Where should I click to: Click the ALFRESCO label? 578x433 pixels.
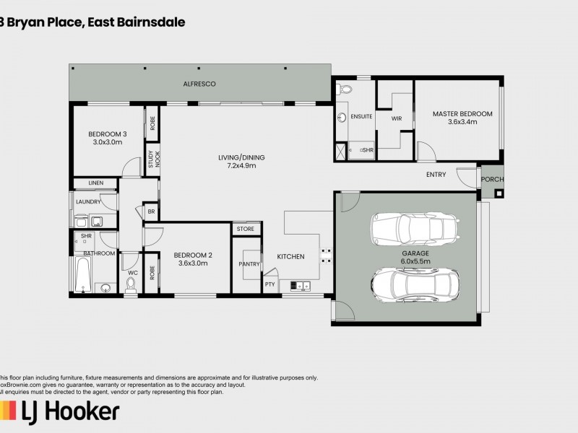click(199, 84)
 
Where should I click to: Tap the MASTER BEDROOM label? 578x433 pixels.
click(462, 113)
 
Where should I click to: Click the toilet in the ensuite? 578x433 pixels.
click(345, 90)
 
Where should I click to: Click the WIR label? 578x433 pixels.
click(396, 118)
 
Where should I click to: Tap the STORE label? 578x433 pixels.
click(246, 229)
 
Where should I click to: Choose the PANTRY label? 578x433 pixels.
click(249, 264)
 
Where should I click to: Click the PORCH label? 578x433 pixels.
click(492, 180)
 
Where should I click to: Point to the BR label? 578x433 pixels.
click(151, 212)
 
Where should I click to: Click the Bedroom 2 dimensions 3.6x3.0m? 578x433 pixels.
click(193, 263)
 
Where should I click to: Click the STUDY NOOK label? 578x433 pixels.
click(152, 159)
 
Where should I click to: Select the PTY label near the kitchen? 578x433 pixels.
click(270, 284)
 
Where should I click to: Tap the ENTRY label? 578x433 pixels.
click(436, 175)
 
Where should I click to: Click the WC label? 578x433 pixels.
click(132, 273)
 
